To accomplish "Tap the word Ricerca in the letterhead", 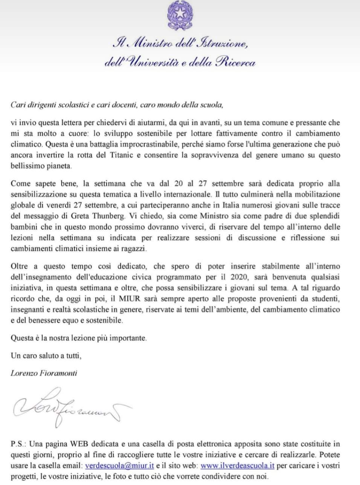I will click(x=236, y=62).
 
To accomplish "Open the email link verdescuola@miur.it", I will click(x=120, y=466).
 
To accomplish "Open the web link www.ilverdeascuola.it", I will click(x=237, y=466).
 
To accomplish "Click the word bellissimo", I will click(x=27, y=166).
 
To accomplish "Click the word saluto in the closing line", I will click(x=46, y=356).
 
